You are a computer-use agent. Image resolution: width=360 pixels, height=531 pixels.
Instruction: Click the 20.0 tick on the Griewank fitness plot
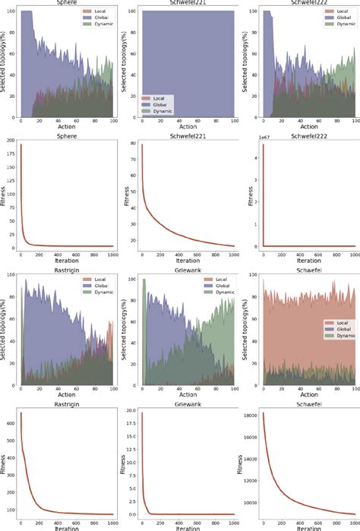[131, 411]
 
